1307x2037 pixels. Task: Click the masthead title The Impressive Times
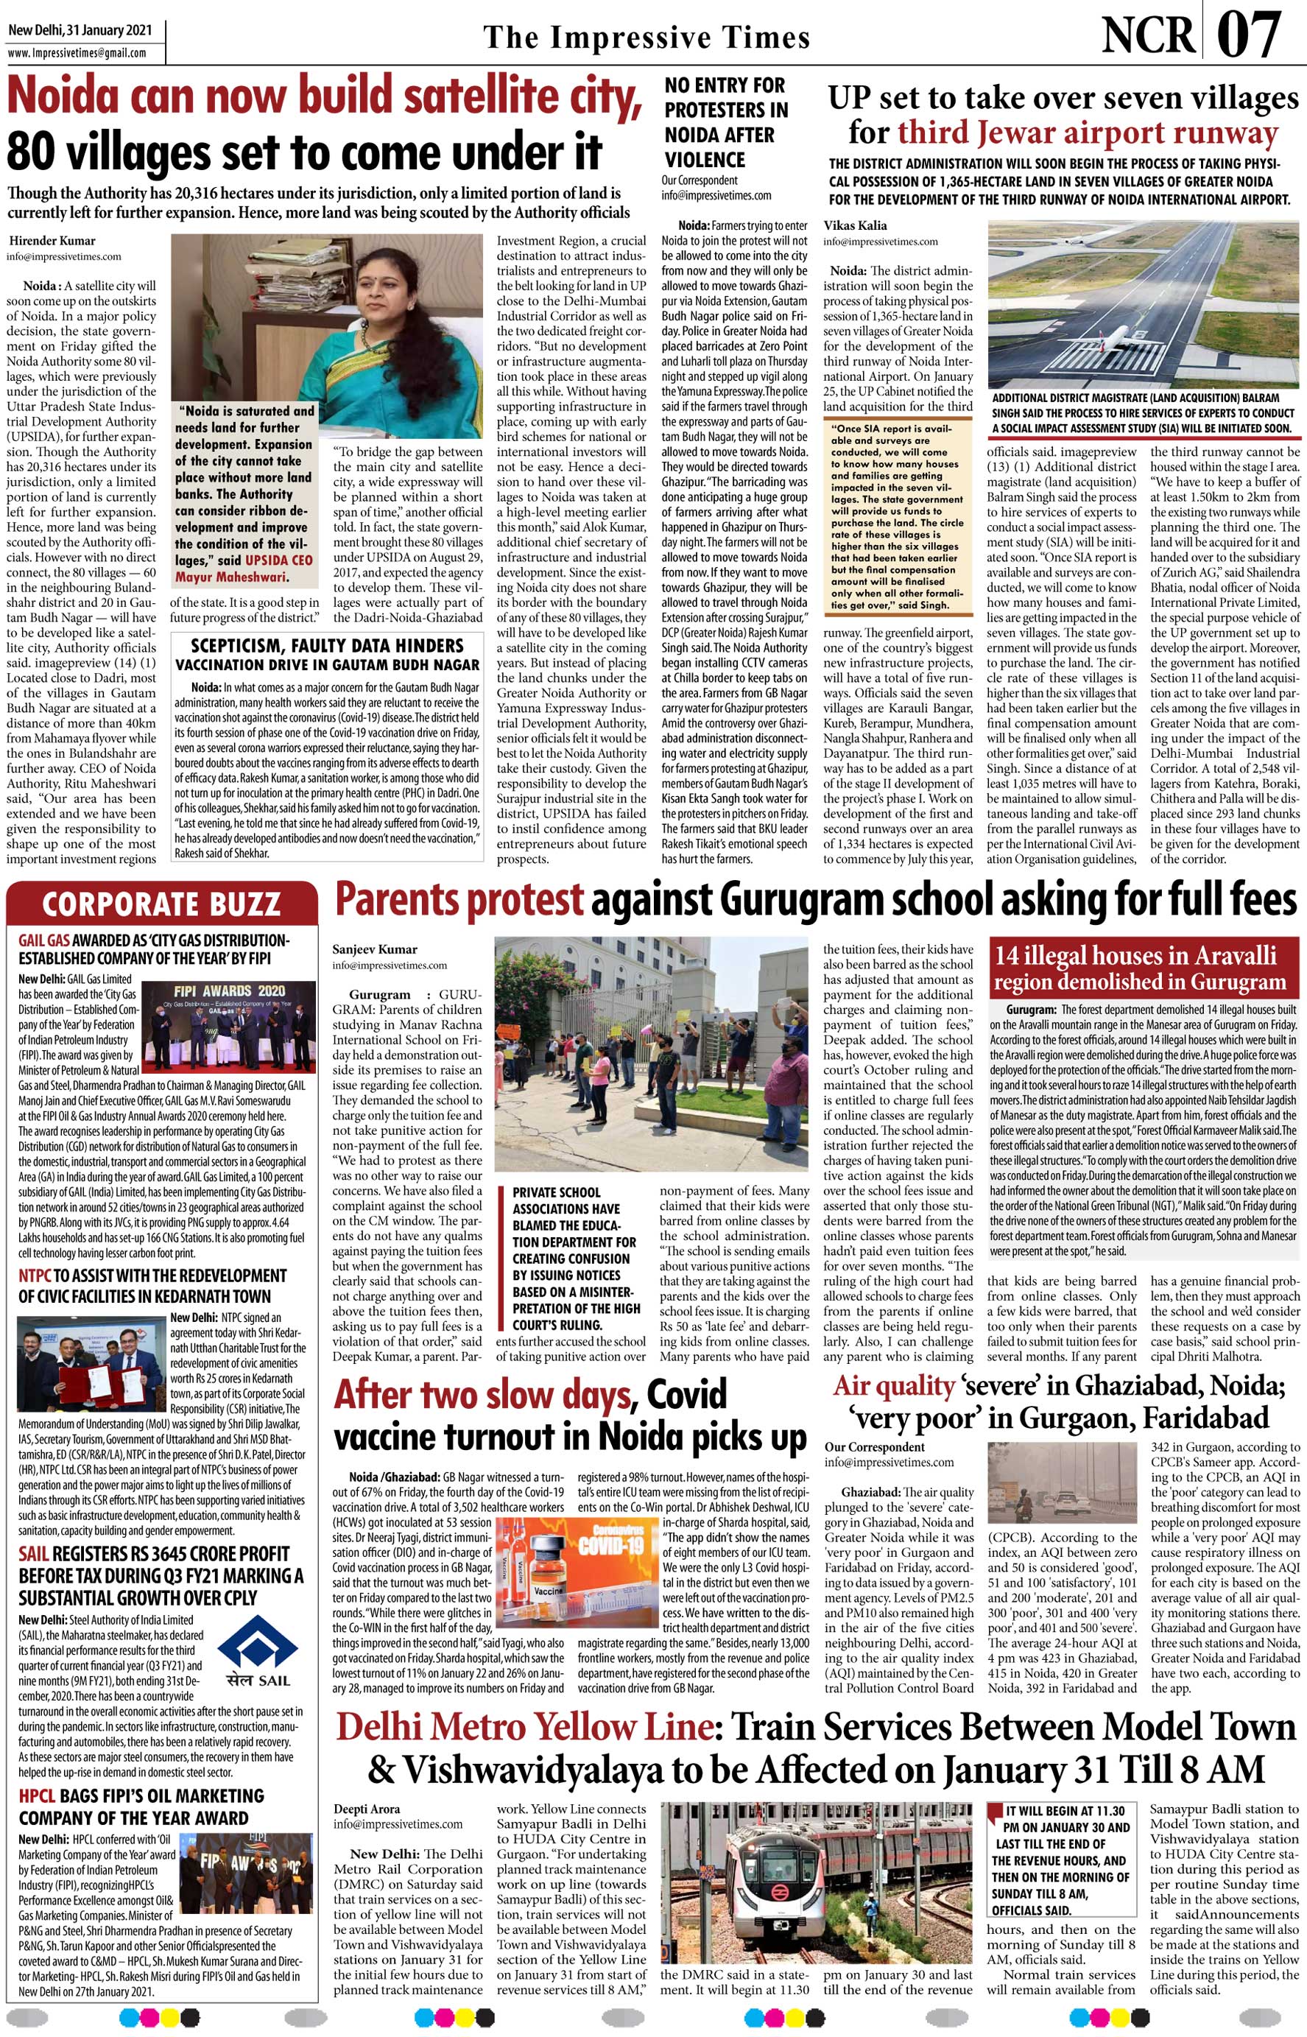pyautogui.click(x=647, y=38)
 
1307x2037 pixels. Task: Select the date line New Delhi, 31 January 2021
pyautogui.click(x=80, y=30)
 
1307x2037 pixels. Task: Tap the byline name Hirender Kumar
pyautogui.click(x=52, y=240)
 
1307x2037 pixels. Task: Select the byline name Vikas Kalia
pyautogui.click(x=855, y=226)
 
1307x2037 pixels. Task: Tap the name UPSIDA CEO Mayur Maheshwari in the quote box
pyautogui.click(x=243, y=569)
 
